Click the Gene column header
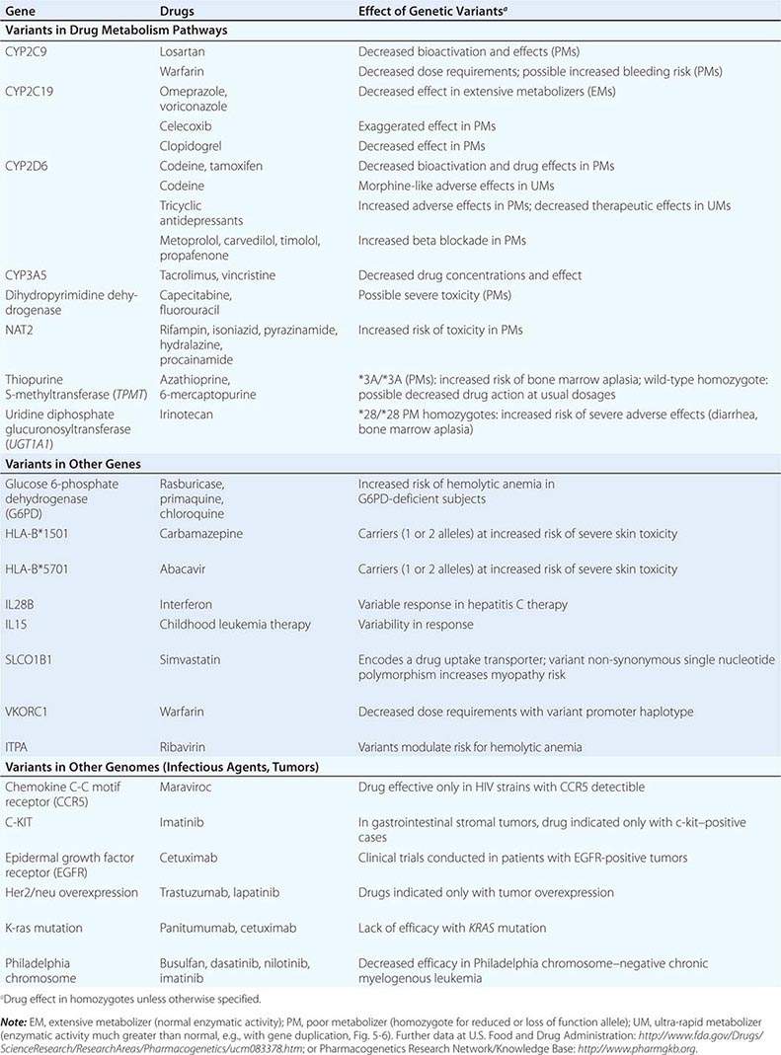tap(20, 12)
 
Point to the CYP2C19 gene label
tap(35, 91)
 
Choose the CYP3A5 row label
tap(31, 275)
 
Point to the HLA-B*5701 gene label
tap(39, 568)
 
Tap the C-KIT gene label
tap(24, 821)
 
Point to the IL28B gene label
tap(24, 604)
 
